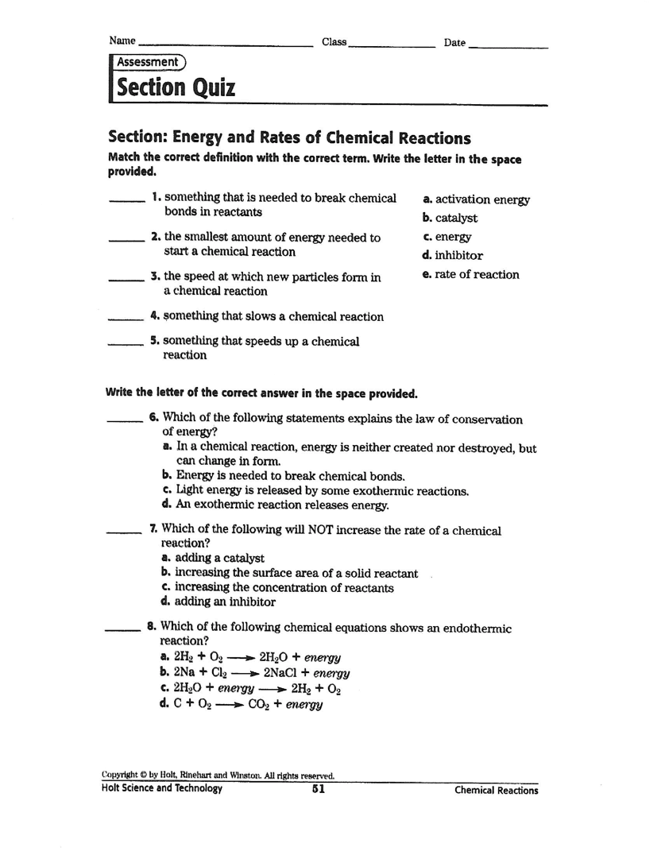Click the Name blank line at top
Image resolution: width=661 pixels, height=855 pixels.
[225, 45]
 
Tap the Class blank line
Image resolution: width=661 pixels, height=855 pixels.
[392, 45]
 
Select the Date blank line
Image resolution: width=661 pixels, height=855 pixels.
[508, 45]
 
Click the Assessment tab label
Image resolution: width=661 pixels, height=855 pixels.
[148, 62]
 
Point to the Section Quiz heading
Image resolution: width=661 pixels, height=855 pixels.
[176, 87]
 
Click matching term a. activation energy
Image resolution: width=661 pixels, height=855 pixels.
[476, 200]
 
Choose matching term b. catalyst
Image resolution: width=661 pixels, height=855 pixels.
[450, 219]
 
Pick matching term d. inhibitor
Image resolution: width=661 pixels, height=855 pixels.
[453, 256]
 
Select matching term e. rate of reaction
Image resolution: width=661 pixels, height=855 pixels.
[471, 275]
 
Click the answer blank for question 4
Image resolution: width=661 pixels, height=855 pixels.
[124, 318]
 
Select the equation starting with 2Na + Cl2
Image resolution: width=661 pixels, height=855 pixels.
[254, 672]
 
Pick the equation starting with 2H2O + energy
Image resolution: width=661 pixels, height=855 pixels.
[250, 688]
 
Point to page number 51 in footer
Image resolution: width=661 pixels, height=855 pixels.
[319, 789]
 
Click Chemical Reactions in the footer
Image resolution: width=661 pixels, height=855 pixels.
[496, 791]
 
